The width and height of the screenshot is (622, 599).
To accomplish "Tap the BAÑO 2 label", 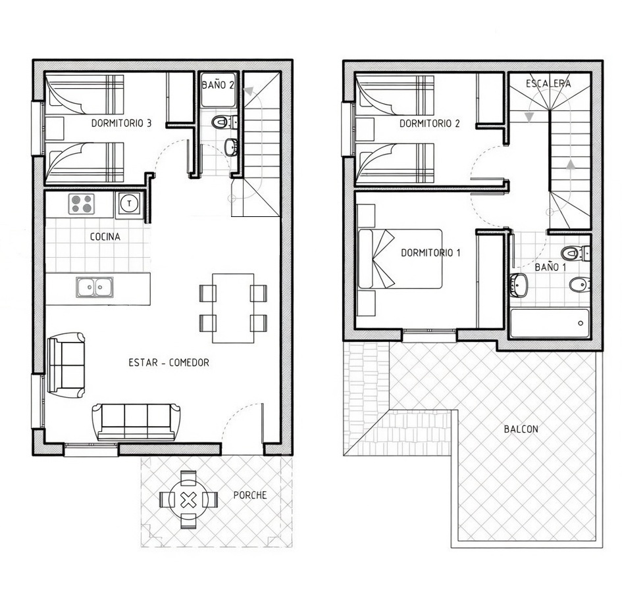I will coord(217,85).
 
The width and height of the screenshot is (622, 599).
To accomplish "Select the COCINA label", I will coord(105,237).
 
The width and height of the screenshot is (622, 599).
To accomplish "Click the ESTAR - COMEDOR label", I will coord(168,362).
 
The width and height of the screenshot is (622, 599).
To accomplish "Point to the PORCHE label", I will coord(250,495).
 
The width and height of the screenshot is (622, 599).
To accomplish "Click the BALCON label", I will coord(521,429).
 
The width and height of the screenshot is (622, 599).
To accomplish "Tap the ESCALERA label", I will coord(548,84).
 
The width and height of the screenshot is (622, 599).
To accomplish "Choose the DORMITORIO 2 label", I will coord(429,124).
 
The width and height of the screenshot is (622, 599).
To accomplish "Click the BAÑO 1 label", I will coord(550,267).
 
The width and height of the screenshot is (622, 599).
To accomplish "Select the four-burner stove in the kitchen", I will coord(82,204).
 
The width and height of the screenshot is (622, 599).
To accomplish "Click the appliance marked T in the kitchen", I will coord(129,204).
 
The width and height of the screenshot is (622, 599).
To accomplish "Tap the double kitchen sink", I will coord(95,287).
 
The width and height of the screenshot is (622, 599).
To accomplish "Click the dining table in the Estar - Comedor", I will coord(233,308).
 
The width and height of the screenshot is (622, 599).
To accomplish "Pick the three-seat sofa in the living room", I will coord(136,421).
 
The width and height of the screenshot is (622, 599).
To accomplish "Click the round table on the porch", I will coord(189,500).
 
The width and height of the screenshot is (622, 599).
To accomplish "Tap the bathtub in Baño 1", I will coord(549,323).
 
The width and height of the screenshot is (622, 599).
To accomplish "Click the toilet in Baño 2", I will coord(222,122).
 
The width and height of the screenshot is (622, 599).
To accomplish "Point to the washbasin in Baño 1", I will coord(519,285).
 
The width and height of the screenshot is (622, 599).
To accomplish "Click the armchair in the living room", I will coord(66,365).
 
